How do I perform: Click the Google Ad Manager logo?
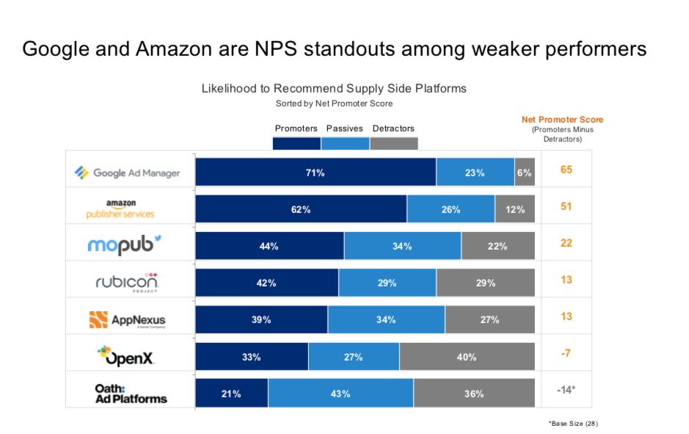(x=128, y=173)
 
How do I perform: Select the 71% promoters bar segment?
(x=316, y=173)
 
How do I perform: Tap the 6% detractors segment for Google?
(x=524, y=173)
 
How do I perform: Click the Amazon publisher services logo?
(x=120, y=209)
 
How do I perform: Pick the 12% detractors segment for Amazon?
(x=514, y=209)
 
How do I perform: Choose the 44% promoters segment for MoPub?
(x=269, y=246)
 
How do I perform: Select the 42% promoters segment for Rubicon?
(x=266, y=283)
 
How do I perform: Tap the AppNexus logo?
(x=127, y=319)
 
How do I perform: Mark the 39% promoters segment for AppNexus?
(x=261, y=319)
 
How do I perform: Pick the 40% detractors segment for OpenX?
(x=466, y=357)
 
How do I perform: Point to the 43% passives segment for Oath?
(x=340, y=394)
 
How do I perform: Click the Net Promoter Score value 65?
(x=566, y=170)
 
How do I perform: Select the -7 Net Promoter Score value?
(x=566, y=353)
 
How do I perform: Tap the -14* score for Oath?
(x=566, y=390)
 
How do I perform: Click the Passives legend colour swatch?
(x=345, y=143)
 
